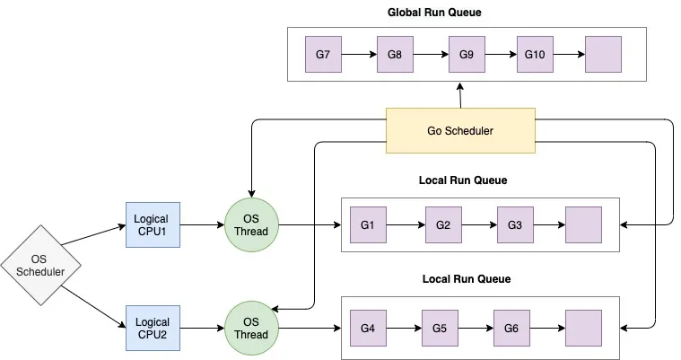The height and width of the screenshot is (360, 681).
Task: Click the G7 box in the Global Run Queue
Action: pos(323,55)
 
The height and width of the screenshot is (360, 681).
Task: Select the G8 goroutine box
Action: pos(395,55)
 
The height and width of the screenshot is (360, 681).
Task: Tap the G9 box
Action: pos(466,55)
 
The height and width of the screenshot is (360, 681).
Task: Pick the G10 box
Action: pos(535,55)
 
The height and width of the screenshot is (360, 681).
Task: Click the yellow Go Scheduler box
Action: pos(460,130)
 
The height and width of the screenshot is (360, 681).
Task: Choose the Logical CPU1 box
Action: pos(152,224)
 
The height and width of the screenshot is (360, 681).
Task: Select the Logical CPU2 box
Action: pos(152,328)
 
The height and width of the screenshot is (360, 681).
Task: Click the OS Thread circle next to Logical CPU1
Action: pos(252,224)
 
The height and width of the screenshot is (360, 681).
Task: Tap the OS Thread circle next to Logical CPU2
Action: pos(252,329)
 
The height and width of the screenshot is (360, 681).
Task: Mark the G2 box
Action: pos(442,224)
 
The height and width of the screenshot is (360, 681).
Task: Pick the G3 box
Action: pos(514,224)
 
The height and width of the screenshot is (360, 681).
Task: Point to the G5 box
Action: pos(440,329)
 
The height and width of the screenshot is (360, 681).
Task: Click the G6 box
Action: pos(511,329)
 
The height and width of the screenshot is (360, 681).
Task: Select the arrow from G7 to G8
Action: pos(359,55)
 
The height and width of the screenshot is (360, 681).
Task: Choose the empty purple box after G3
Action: pos(583,224)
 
